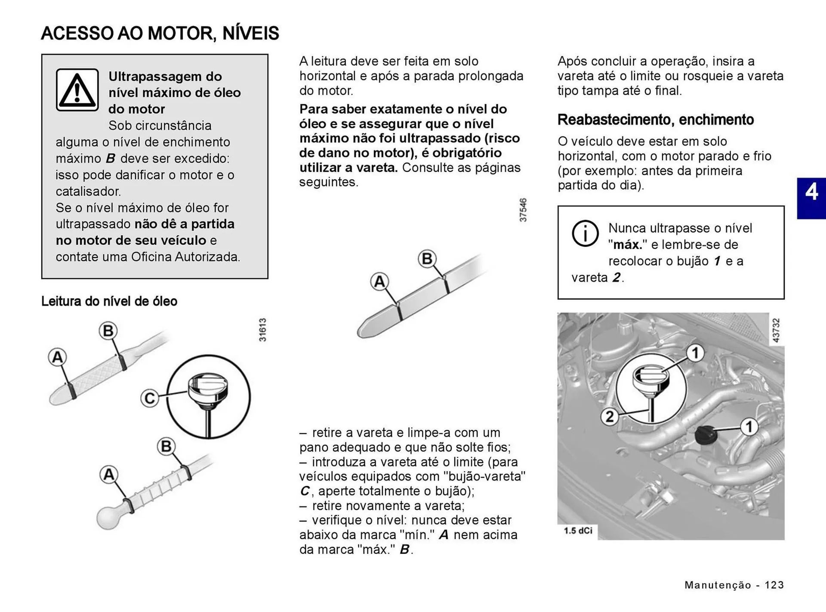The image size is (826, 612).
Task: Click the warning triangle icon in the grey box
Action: point(77,90)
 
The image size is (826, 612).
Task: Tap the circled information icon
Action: point(585,233)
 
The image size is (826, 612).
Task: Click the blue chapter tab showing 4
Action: point(811,198)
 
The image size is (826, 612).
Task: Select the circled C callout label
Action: point(149,398)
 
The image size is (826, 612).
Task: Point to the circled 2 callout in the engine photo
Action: point(610,416)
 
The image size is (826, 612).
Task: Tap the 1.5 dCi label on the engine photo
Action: point(578,531)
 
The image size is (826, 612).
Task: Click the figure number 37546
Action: point(523,210)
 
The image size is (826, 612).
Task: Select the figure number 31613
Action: point(262,330)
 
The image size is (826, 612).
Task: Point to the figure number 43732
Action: point(776,330)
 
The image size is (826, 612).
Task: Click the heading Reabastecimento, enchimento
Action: point(655,119)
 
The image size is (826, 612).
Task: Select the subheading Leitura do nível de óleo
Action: point(109,301)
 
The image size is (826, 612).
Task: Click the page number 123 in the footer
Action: point(774,585)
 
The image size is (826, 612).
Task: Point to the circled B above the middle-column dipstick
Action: point(427,259)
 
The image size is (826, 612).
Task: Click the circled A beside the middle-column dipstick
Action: point(379,282)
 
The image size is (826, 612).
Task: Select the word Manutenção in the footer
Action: point(718,585)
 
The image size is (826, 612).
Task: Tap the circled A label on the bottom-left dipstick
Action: point(109,474)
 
